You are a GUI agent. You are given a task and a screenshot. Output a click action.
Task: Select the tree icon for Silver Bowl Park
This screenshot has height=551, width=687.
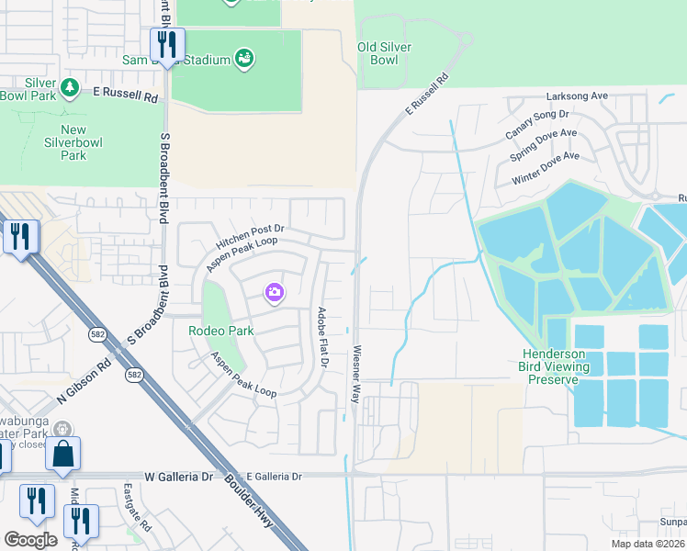pyautogui.click(x=70, y=88)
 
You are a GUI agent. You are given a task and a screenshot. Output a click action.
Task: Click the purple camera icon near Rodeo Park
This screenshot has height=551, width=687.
pyautogui.click(x=274, y=293)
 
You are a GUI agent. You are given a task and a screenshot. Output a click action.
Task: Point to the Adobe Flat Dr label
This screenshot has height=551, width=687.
pyautogui.click(x=323, y=337)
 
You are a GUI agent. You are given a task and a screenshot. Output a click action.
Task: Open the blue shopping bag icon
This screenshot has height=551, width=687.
pyautogui.click(x=62, y=454)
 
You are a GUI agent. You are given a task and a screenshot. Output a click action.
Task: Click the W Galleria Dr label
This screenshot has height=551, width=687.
pyautogui.click(x=178, y=477)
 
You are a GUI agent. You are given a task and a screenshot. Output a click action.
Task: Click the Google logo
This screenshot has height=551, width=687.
pyautogui.click(x=30, y=540)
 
